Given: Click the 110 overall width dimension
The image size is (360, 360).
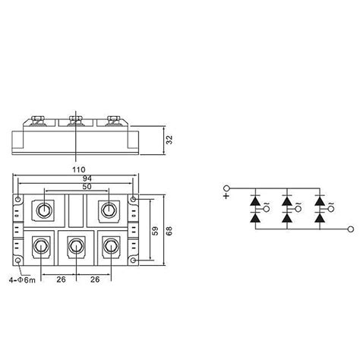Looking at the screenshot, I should tap(77, 169).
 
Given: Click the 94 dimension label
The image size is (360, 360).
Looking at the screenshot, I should tap(77, 178).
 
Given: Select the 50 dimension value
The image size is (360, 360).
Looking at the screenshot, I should tap(77, 187).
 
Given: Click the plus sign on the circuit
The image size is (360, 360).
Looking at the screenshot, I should tap(226, 195).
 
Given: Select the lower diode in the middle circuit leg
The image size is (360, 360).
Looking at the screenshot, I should tap(288, 218).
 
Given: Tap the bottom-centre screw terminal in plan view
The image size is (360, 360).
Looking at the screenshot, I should tap(77, 246).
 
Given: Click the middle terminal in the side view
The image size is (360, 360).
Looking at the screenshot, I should tap(77, 119).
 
